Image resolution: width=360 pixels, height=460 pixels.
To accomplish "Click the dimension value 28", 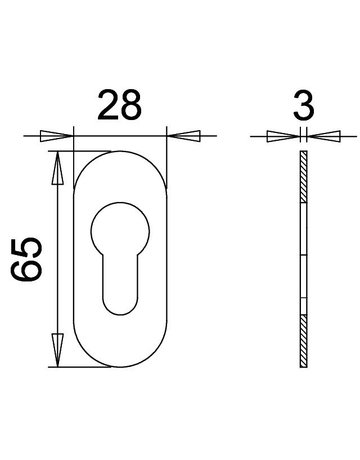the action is [x=120, y=105].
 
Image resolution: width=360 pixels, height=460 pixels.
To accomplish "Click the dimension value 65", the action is [x=26, y=259].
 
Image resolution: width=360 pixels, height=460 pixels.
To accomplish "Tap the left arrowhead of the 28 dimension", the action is [x=56, y=136].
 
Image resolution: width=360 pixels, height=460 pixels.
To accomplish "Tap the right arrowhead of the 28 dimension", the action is [x=183, y=136].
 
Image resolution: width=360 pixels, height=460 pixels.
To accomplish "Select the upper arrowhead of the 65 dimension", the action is [x=58, y=168].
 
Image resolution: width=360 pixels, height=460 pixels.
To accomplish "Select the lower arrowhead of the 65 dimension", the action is [x=58, y=350].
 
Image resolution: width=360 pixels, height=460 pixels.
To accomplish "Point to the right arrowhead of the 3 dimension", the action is [x=323, y=136].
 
